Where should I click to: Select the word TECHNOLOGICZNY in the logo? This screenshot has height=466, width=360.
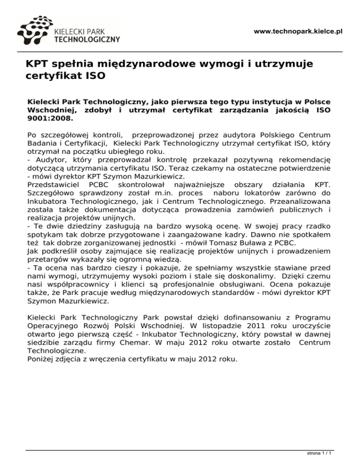point(87,40)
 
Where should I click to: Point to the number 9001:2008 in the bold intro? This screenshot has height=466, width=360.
point(48,119)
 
